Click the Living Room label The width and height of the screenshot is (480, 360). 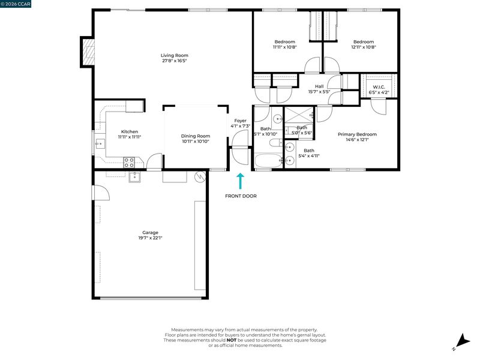coord(175,55)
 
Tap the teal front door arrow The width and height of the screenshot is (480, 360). coord(241,181)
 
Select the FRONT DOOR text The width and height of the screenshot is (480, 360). coord(241,196)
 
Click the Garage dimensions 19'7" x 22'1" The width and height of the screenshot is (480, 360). coord(151,238)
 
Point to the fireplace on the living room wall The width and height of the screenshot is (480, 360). coord(88,51)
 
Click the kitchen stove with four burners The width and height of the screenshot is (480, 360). coord(129,162)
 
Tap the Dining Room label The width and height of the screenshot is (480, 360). coord(196,136)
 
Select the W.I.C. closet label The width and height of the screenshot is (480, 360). coord(379,87)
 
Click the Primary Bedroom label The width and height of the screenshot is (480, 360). coord(357,134)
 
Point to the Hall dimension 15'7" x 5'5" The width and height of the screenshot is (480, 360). coord(319,92)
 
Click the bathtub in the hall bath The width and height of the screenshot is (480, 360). coord(268,160)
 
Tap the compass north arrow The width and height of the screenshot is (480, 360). coord(463,341)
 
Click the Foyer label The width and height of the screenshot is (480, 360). coord(241,121)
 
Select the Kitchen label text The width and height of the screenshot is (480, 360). coord(130,131)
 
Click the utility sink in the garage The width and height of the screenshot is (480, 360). coord(134,177)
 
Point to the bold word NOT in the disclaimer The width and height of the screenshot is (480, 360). coord(232,340)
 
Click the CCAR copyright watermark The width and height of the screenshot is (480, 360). coord(16,4)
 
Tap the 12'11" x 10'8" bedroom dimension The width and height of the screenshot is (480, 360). coord(364,47)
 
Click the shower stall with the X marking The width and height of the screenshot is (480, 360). coord(299,116)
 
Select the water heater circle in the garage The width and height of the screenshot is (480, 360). coord(200,176)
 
